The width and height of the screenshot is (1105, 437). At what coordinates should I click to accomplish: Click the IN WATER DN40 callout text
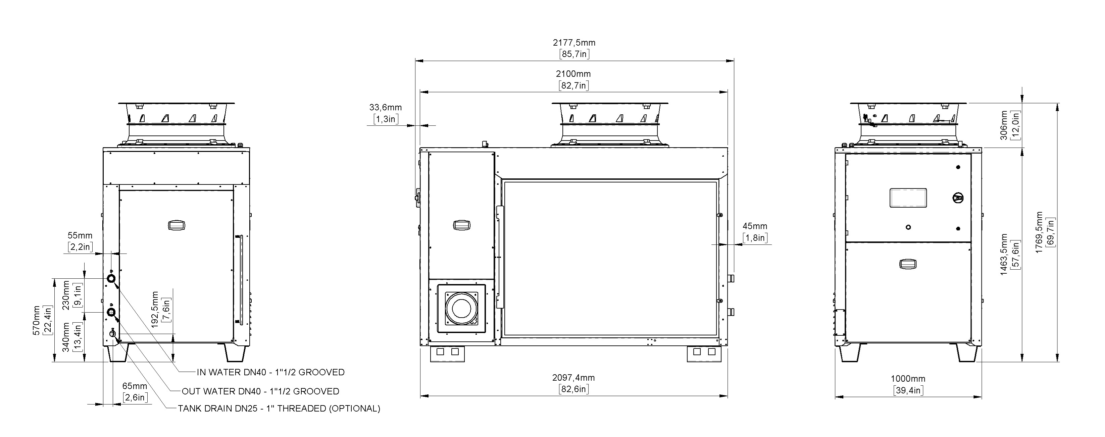pos(271,372)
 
